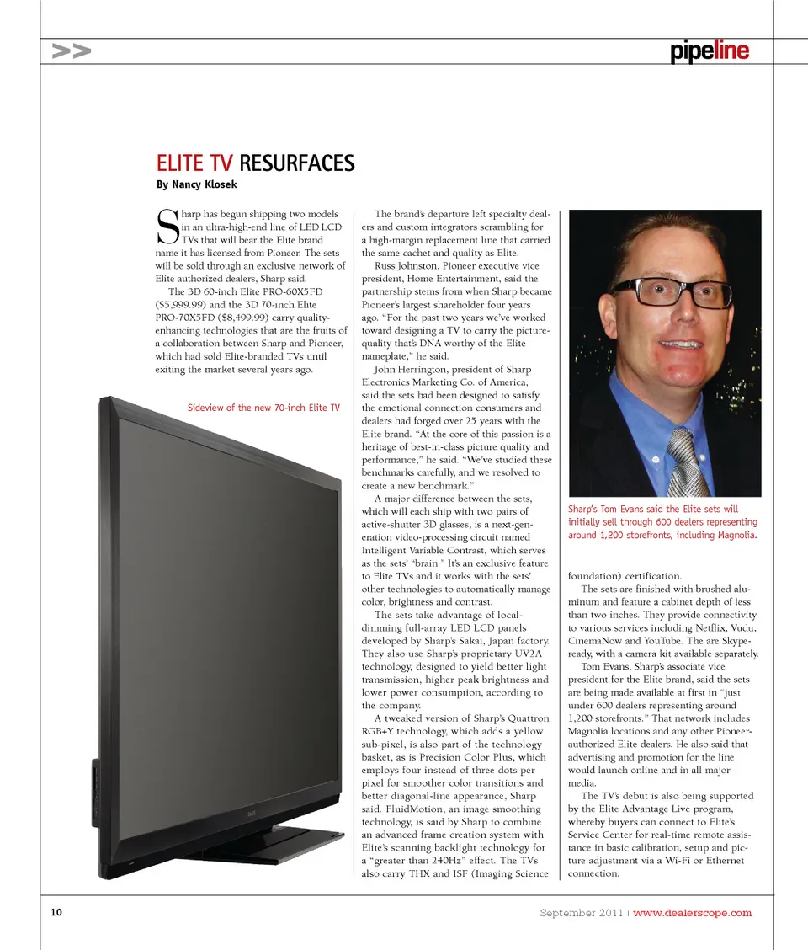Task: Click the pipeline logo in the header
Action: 710,51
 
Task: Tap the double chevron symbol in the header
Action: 71,51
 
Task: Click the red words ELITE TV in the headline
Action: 195,163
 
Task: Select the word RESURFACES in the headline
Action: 297,163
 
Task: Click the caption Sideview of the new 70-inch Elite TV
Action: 263,408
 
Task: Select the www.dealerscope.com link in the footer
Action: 692,913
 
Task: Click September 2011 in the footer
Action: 582,913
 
